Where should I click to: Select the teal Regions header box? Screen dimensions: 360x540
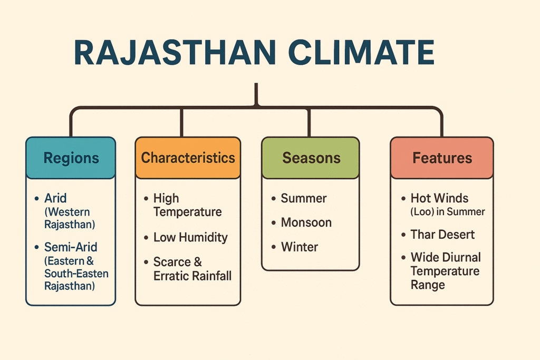pyautogui.click(x=71, y=158)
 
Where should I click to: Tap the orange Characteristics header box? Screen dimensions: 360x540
pyautogui.click(x=188, y=158)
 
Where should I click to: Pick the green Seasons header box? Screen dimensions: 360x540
pyautogui.click(x=311, y=158)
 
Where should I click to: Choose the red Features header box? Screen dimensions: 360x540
pyautogui.click(x=442, y=158)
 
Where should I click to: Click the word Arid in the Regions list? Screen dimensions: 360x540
pyautogui.click(x=55, y=199)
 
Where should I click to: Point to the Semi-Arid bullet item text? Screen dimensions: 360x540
pyautogui.click(x=71, y=247)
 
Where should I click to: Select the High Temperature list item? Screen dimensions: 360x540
pyautogui.click(x=187, y=205)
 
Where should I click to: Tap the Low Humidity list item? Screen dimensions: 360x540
pyautogui.click(x=190, y=237)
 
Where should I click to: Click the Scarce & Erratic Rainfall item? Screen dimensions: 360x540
pyautogui.click(x=192, y=269)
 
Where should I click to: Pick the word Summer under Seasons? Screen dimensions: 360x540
pyautogui.click(x=303, y=199)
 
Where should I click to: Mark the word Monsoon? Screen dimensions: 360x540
pyautogui.click(x=306, y=222)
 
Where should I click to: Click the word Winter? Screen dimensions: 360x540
pyautogui.click(x=299, y=247)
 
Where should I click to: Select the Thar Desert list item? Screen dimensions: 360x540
pyautogui.click(x=442, y=235)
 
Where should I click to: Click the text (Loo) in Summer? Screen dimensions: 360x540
pyautogui.click(x=447, y=212)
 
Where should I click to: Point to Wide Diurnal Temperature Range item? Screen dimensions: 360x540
pyautogui.click(x=446, y=271)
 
